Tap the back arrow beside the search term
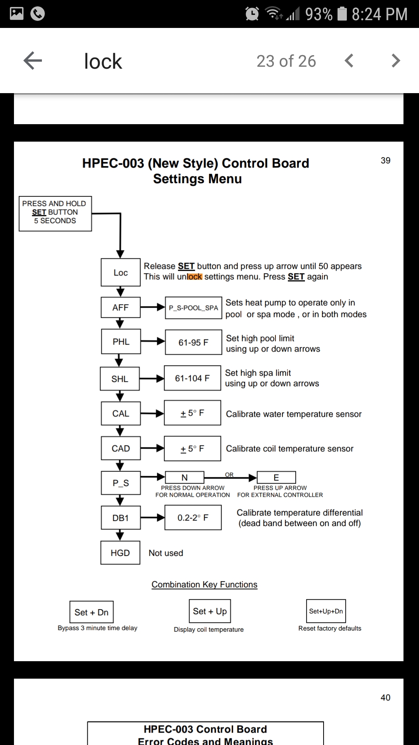tap(33, 61)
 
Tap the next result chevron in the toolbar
tap(395, 61)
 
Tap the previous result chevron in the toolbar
tap(349, 61)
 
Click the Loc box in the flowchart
tap(121, 273)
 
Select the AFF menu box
tap(120, 308)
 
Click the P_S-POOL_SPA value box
tap(193, 308)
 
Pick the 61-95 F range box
tap(193, 342)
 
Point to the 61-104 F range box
tap(192, 378)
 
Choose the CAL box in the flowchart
tap(121, 414)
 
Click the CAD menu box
tap(121, 449)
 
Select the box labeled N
tap(185, 477)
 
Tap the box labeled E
tap(276, 477)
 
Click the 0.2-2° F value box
tap(193, 518)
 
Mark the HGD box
tap(120, 553)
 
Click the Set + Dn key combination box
tap(92, 612)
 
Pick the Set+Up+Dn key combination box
tap(326, 611)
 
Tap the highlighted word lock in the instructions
tap(195, 277)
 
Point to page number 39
tap(385, 161)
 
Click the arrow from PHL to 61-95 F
tap(153, 341)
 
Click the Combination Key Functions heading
tap(204, 584)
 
